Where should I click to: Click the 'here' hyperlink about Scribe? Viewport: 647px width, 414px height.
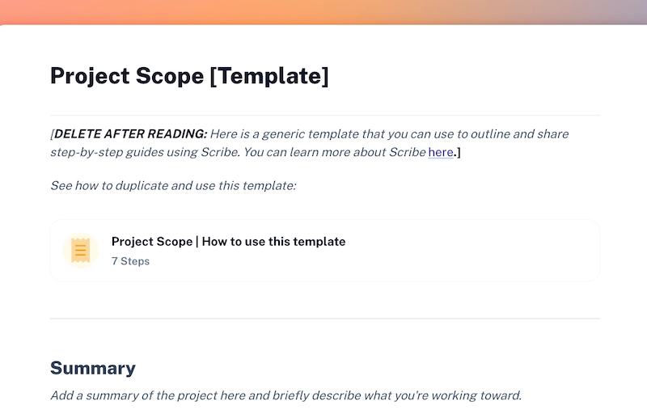coord(441,152)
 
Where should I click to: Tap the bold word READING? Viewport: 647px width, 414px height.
coord(176,133)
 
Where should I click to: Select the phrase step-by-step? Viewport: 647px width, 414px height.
coord(85,152)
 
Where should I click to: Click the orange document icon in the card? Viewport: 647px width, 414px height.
coord(80,251)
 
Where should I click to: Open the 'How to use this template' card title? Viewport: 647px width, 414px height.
coord(228,241)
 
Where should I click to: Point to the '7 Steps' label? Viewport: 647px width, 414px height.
coord(130,261)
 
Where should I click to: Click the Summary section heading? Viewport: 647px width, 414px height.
coord(92,368)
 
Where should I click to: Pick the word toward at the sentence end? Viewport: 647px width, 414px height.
coord(503,395)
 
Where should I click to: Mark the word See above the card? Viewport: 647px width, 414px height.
coord(61,186)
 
